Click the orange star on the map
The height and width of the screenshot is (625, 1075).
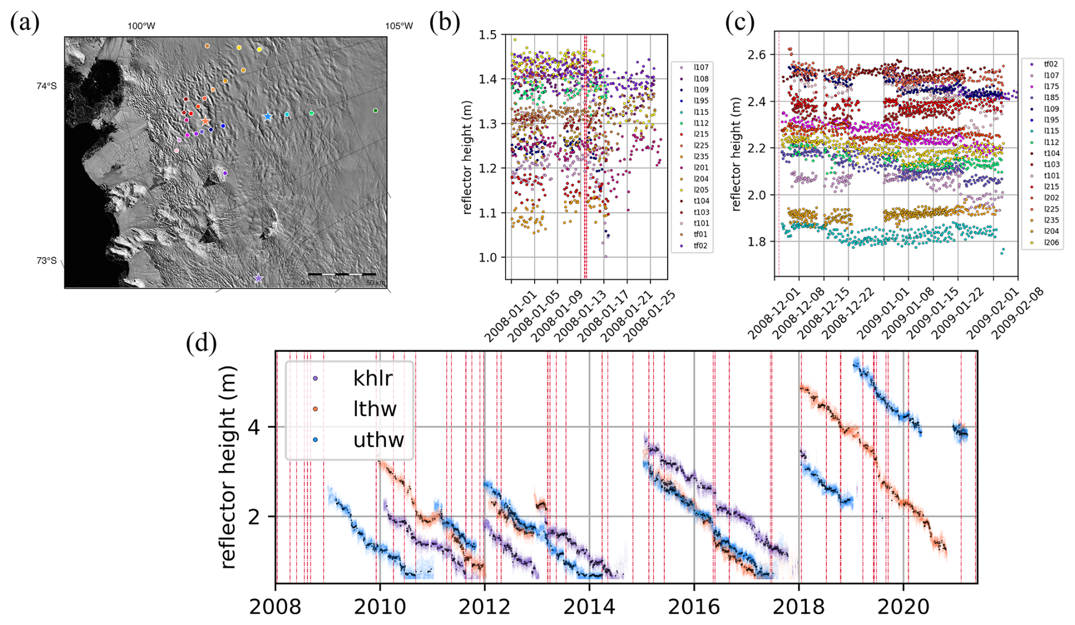205,122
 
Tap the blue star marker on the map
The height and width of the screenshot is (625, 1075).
268,117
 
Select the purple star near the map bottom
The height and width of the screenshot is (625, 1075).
259,278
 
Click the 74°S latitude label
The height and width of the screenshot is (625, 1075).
47,86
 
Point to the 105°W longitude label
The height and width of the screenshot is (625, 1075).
399,26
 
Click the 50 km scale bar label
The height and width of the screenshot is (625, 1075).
375,283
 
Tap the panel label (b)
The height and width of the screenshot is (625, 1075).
444,23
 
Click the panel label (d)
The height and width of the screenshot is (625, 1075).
201,343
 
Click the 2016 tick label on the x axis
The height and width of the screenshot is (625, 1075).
693,607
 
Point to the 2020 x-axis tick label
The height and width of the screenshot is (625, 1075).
903,607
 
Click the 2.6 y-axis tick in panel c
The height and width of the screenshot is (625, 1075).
753,55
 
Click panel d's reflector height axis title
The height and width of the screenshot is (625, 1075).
228,467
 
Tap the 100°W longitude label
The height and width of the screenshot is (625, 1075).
141,26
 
